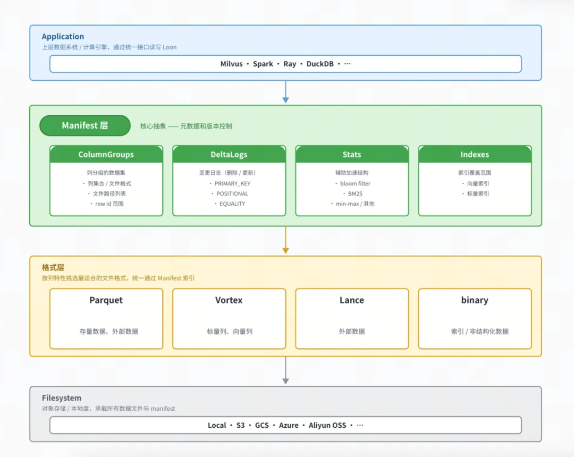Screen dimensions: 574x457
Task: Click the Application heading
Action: (63, 37)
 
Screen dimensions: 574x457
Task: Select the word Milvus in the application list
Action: (231, 64)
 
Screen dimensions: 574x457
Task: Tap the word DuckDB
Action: (320, 64)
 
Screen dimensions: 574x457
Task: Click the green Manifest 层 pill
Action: (85, 125)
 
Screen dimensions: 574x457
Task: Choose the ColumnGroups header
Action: (106, 155)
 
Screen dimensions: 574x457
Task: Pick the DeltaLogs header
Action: (229, 155)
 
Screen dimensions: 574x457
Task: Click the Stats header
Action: (352, 155)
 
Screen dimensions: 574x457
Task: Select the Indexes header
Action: (475, 155)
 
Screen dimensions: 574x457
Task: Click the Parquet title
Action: (106, 300)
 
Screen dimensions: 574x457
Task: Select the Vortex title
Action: (229, 300)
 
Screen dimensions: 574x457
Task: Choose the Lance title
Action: (352, 300)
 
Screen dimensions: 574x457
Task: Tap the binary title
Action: (475, 300)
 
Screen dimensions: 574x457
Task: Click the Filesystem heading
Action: (62, 397)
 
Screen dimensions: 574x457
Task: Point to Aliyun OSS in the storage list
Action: (327, 425)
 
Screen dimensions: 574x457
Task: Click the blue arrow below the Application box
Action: (285, 91)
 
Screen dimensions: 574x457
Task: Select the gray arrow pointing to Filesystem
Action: (285, 370)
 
